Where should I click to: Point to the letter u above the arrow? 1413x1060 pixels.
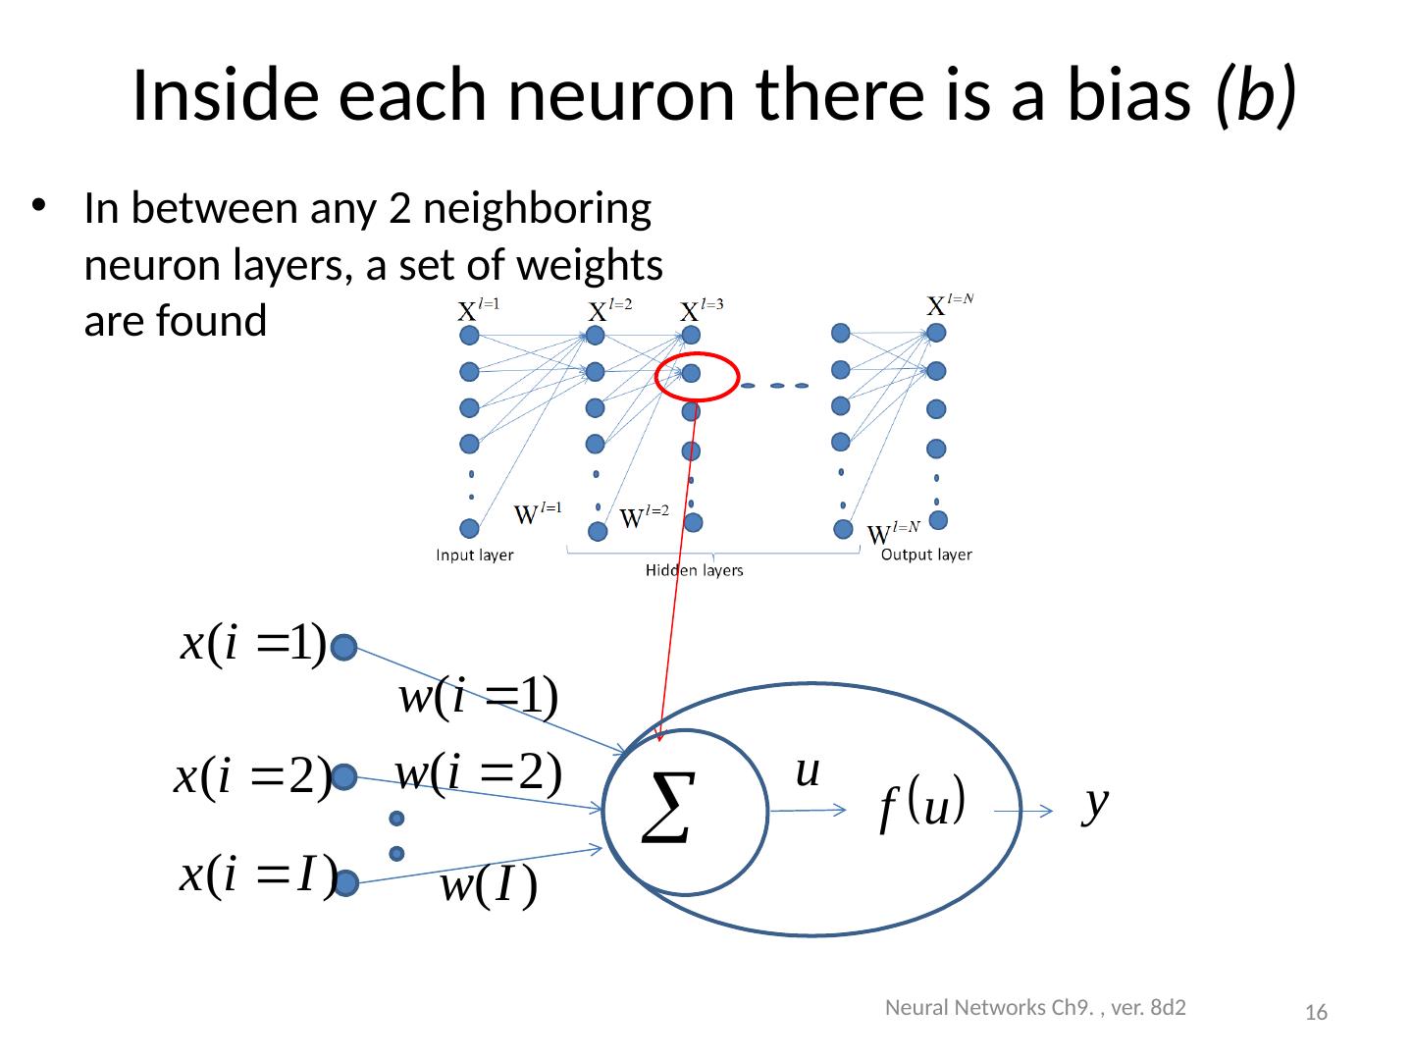[808, 771]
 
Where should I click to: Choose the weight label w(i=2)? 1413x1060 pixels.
[478, 772]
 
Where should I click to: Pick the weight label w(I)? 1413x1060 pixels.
[488, 887]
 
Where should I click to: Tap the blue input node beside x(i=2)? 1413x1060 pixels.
[343, 777]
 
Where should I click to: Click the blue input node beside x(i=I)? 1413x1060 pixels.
[343, 884]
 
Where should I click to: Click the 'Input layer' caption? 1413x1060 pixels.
[475, 556]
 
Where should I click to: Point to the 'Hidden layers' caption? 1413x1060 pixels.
[694, 570]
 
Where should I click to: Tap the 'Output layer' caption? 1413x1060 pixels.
[926, 555]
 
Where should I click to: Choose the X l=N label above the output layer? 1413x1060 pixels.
[950, 304]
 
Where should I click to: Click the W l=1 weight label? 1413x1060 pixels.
[539, 512]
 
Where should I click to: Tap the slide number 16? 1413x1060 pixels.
[1317, 1013]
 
